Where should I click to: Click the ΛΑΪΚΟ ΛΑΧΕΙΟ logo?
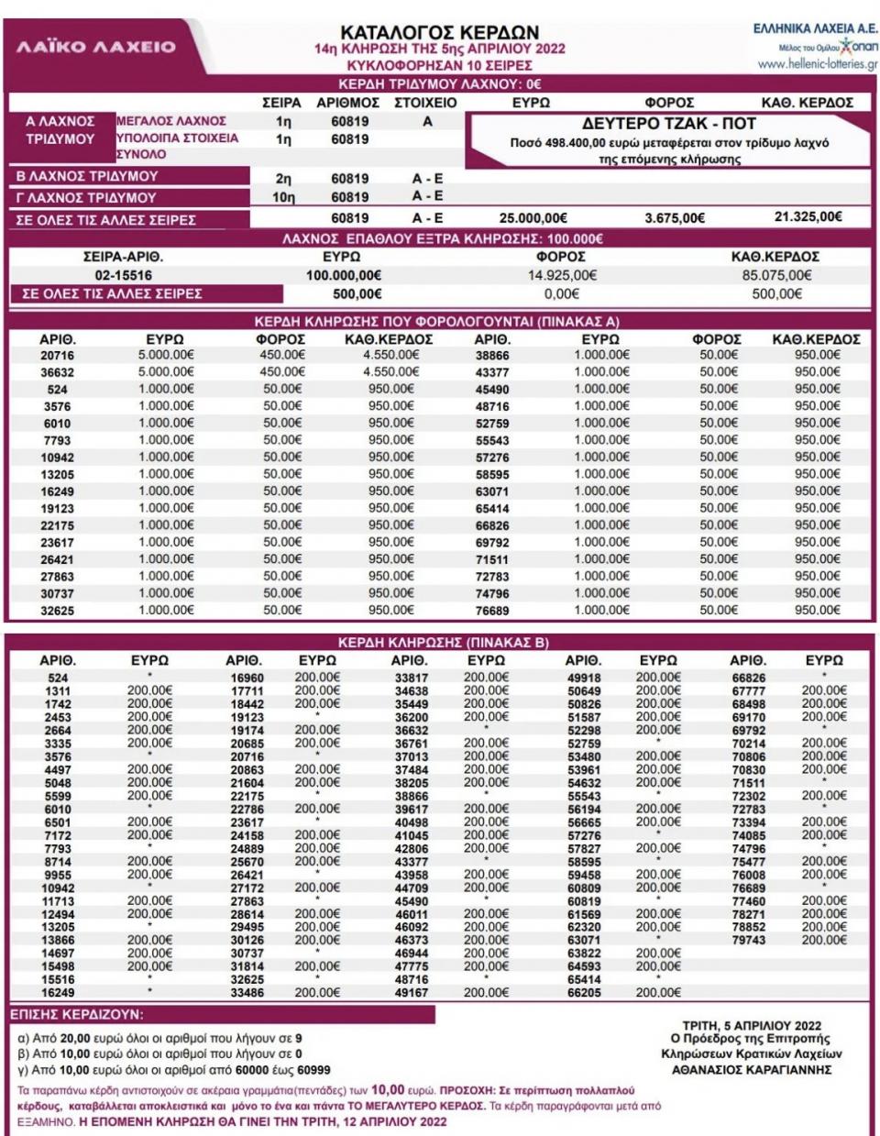click(x=96, y=47)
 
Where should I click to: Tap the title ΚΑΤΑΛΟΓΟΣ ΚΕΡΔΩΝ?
click(x=439, y=32)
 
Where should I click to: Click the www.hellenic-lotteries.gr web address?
click(x=818, y=64)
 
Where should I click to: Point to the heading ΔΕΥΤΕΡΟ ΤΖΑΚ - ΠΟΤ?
click(x=669, y=124)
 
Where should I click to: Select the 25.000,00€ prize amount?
click(x=533, y=218)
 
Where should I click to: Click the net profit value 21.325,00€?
click(x=808, y=217)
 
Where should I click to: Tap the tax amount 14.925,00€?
click(x=561, y=275)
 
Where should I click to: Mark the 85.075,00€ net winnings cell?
click(x=775, y=275)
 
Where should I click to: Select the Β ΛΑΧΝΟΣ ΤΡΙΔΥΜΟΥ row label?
click(x=88, y=176)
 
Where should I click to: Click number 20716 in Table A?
click(x=57, y=356)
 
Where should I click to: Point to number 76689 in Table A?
click(x=492, y=611)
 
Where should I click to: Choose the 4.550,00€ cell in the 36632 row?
click(x=390, y=372)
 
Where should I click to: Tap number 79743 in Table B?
click(x=748, y=941)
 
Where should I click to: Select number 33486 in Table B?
click(x=247, y=993)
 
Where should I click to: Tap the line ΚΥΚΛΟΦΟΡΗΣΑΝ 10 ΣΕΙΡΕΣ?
click(x=439, y=66)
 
